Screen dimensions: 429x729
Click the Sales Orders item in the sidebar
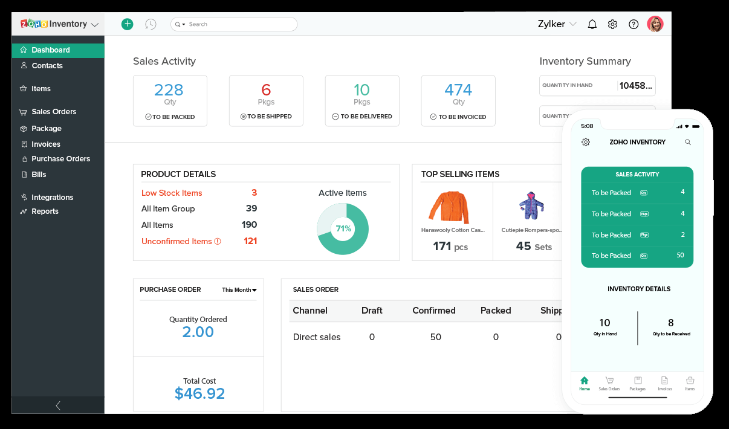click(x=54, y=112)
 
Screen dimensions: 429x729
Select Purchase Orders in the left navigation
click(x=60, y=159)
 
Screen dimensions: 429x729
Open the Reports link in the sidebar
click(x=45, y=211)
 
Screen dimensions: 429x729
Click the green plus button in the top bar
click(x=127, y=24)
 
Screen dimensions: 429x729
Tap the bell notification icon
click(x=592, y=24)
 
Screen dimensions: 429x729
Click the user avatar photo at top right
click(x=655, y=24)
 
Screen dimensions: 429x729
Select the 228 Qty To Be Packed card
click(x=170, y=100)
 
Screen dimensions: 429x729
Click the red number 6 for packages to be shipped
click(x=266, y=90)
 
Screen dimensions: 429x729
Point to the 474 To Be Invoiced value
click(x=458, y=90)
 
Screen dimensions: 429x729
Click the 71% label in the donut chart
click(x=343, y=229)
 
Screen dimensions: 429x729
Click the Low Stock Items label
click(x=172, y=193)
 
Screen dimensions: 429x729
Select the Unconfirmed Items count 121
click(x=250, y=241)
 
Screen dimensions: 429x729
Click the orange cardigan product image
click(x=449, y=207)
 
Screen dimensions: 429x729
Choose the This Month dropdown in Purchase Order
click(x=239, y=290)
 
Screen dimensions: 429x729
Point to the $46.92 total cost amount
click(x=199, y=394)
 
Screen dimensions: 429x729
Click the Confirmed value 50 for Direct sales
click(x=435, y=337)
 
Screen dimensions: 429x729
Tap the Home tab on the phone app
click(x=584, y=383)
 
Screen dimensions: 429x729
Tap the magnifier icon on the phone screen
click(x=688, y=142)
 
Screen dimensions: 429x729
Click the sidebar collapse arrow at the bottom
click(x=58, y=405)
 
